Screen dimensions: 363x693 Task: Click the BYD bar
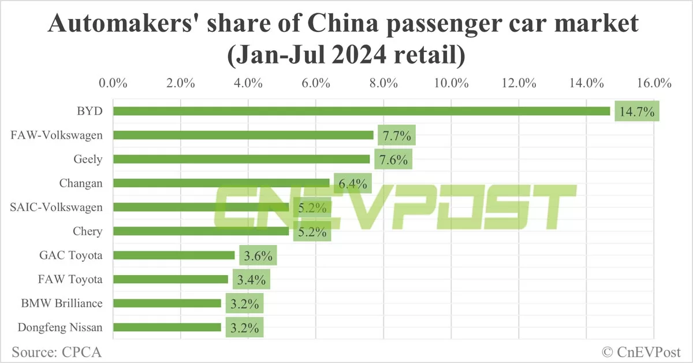tap(362, 111)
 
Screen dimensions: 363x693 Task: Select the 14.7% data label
tap(637, 112)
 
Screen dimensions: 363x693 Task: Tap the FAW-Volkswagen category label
tap(57, 135)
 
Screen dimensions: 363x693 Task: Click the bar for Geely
tap(241, 159)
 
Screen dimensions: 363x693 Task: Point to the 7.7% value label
tap(397, 136)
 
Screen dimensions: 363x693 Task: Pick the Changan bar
tap(221, 183)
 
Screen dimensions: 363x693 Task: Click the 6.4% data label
tap(352, 184)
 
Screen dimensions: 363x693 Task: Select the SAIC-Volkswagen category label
tap(57, 207)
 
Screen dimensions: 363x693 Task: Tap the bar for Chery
tap(201, 231)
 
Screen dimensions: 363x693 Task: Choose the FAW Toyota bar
tap(170, 279)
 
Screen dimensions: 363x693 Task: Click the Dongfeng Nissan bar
tap(167, 327)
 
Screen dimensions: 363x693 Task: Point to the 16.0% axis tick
tap(654, 83)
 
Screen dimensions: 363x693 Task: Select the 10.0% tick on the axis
tap(451, 83)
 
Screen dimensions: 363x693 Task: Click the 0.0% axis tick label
tap(113, 83)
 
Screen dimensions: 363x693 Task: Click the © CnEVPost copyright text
tap(642, 351)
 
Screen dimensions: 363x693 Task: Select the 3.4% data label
tap(251, 280)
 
